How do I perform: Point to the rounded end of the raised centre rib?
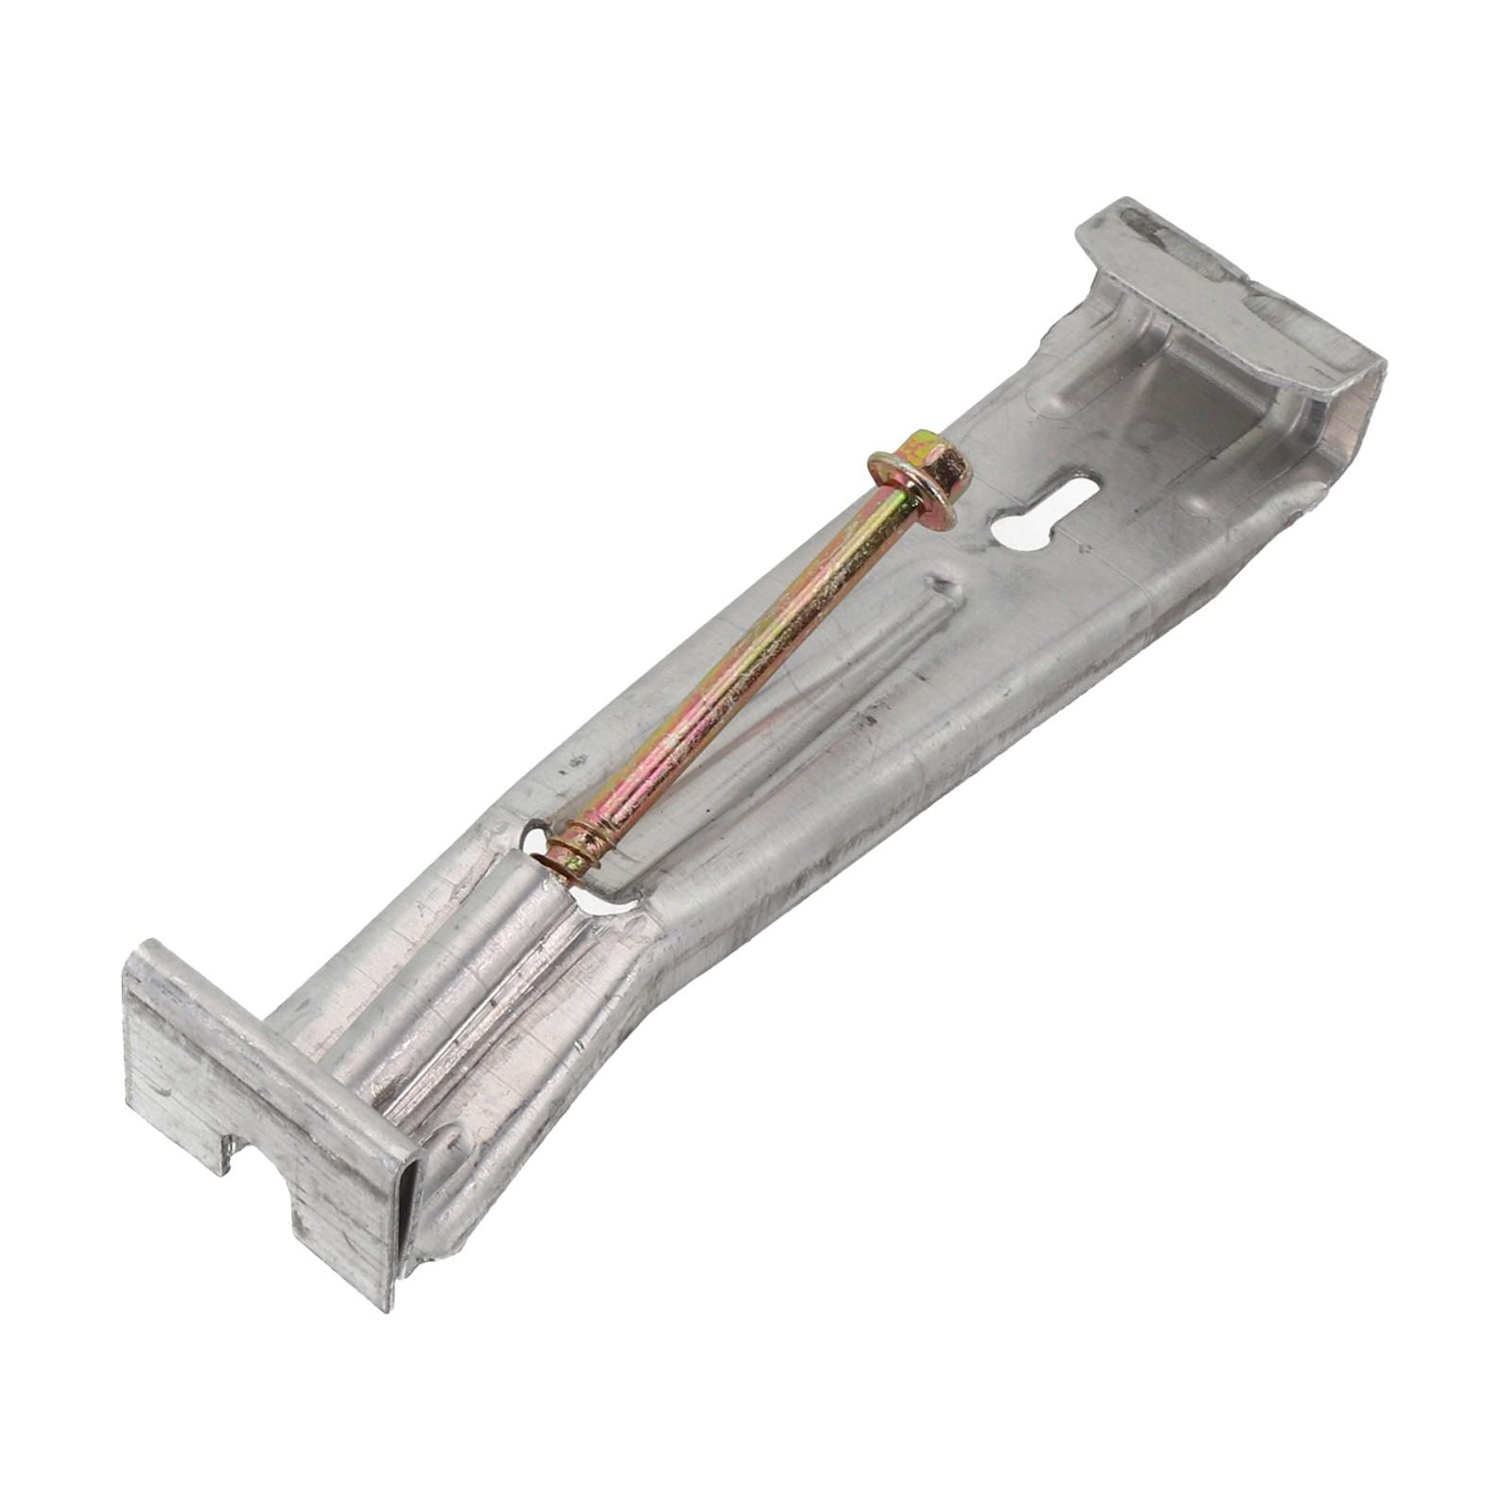tap(944, 590)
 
